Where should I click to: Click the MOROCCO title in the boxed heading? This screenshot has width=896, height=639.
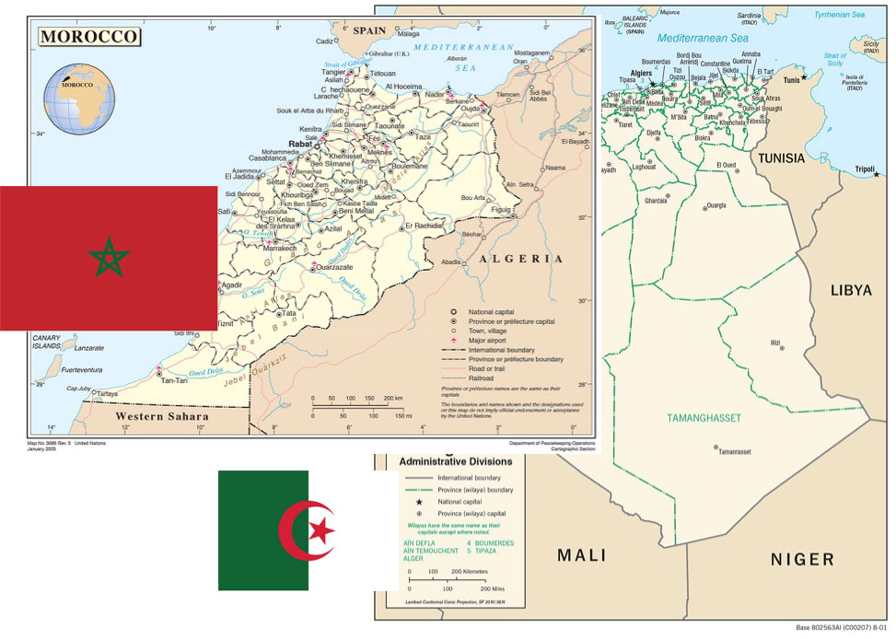pyautogui.click(x=89, y=38)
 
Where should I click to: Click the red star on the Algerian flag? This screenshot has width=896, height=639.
pyautogui.click(x=321, y=530)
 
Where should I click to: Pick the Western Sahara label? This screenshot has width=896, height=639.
pyautogui.click(x=157, y=416)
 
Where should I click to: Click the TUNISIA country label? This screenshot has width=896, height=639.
pyautogui.click(x=781, y=158)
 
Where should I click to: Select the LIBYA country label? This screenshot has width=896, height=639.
pyautogui.click(x=850, y=290)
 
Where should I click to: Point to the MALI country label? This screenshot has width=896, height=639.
pyautogui.click(x=582, y=555)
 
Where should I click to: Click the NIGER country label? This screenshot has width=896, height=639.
pyautogui.click(x=801, y=559)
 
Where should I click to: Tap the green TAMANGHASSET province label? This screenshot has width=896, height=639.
pyautogui.click(x=705, y=418)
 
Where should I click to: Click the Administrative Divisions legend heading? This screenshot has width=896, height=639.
pyautogui.click(x=457, y=460)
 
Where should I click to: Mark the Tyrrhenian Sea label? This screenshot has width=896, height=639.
pyautogui.click(x=840, y=15)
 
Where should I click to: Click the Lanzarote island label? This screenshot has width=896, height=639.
pyautogui.click(x=89, y=348)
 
